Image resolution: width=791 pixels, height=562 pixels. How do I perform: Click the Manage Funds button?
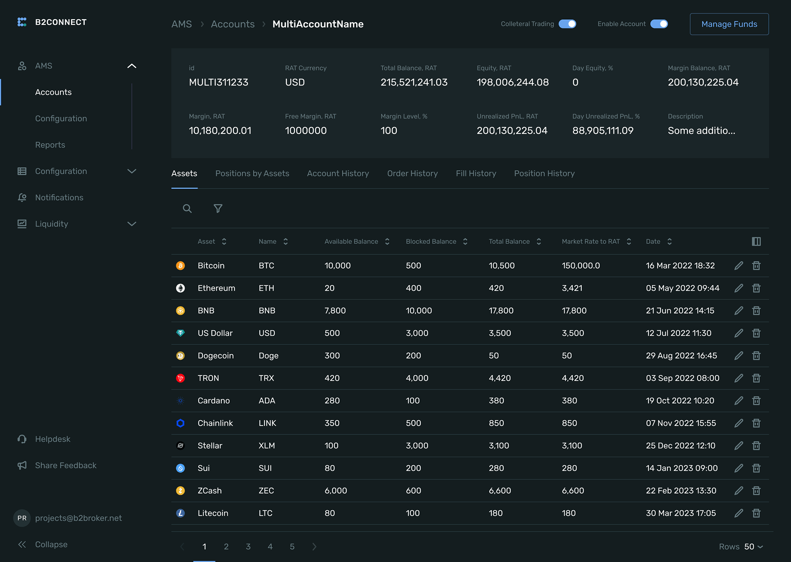(729, 24)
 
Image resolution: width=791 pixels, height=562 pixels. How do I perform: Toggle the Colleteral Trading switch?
(567, 24)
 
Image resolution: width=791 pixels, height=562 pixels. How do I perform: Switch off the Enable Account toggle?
(659, 24)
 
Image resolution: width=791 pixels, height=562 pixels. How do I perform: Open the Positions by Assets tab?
(252, 173)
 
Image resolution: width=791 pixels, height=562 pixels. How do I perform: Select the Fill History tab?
(476, 173)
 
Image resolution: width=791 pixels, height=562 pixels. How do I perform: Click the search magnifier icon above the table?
(187, 208)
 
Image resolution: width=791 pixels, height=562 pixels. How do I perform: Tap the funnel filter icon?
(218, 208)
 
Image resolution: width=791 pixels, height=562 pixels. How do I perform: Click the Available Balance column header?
(351, 242)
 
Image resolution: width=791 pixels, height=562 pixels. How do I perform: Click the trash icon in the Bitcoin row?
(756, 266)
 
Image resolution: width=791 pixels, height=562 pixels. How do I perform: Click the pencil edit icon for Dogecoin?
(739, 355)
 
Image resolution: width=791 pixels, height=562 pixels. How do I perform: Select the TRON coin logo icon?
(181, 378)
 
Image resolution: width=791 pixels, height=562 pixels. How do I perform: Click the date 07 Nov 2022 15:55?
(681, 423)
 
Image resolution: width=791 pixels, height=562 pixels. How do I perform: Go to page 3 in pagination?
(248, 547)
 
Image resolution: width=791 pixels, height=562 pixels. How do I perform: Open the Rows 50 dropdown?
(753, 547)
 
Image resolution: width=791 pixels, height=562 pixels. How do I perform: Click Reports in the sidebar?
(50, 145)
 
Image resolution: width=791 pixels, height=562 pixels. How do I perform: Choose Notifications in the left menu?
(59, 198)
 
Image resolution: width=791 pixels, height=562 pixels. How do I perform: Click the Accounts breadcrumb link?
(232, 24)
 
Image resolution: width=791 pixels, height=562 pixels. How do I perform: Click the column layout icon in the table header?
(756, 242)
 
